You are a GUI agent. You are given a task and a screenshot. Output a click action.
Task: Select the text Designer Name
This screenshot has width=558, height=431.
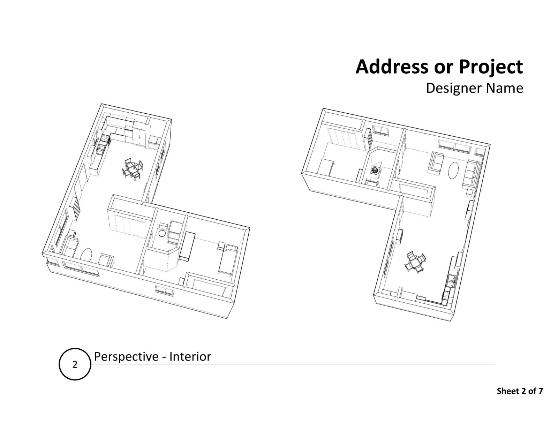(474, 88)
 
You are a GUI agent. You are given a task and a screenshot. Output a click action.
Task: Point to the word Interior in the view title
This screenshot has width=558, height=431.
(190, 357)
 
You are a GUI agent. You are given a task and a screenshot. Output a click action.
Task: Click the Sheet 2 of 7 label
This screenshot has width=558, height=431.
(520, 391)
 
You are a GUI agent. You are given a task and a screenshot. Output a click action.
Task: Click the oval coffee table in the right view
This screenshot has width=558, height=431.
(454, 170)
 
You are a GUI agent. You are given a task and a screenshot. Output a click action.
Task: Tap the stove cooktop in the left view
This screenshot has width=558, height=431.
(103, 139)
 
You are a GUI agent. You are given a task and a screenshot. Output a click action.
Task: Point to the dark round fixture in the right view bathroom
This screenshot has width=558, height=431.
(375, 170)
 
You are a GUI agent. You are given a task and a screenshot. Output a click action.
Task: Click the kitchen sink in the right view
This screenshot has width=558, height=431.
(452, 281)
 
